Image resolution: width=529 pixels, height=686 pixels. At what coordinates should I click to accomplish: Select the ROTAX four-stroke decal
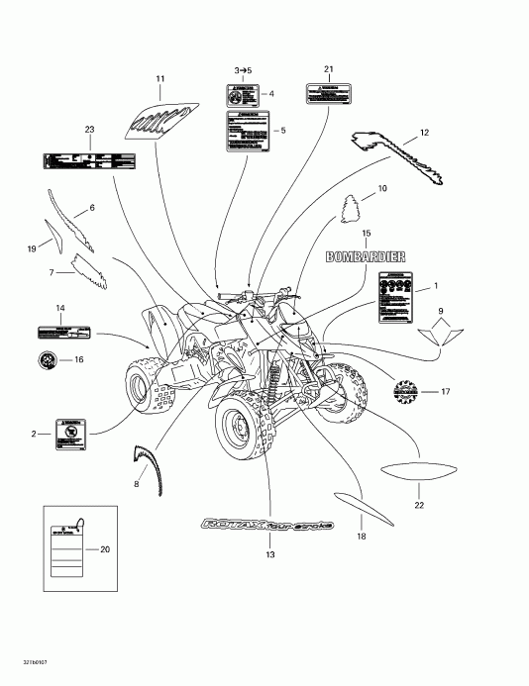tap(267, 524)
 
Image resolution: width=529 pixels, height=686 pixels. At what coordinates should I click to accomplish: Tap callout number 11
tap(160, 78)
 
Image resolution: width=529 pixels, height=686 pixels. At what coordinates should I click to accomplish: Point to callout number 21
tap(328, 68)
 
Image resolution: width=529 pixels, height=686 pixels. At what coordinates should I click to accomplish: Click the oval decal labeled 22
tap(417, 472)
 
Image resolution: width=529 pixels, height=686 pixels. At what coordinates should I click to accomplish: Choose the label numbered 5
tap(247, 132)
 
